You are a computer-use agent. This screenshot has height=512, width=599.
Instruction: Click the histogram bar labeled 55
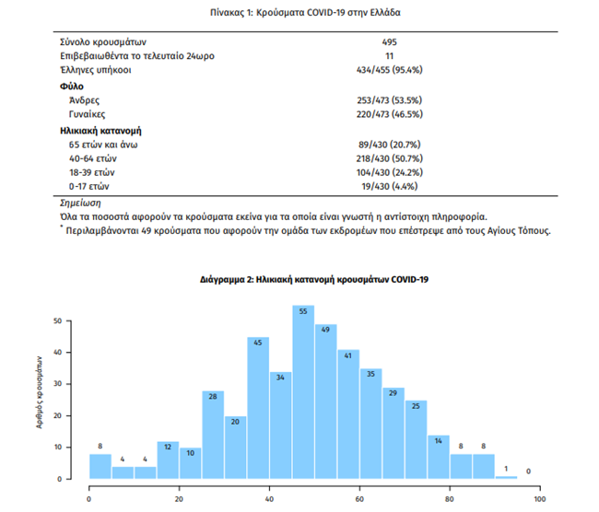(x=304, y=396)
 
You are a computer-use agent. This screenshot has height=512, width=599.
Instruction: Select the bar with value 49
(x=326, y=405)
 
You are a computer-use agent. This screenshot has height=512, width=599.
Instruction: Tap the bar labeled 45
(x=259, y=410)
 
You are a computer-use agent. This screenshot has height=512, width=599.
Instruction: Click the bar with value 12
(x=169, y=460)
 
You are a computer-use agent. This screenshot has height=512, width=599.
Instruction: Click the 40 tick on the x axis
(x=269, y=499)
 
